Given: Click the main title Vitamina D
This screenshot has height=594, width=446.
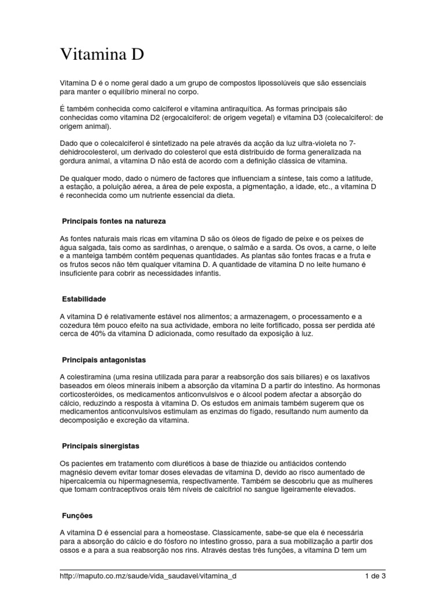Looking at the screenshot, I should (102, 56).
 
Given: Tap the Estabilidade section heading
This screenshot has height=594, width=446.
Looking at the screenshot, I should (84, 299).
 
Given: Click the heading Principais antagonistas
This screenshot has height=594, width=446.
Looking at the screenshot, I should (104, 360).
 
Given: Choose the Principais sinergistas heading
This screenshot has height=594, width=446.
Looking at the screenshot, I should (100, 446).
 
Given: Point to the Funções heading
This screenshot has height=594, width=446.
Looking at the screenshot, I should (77, 515).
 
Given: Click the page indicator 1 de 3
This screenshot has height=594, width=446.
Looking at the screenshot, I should (375, 577).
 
